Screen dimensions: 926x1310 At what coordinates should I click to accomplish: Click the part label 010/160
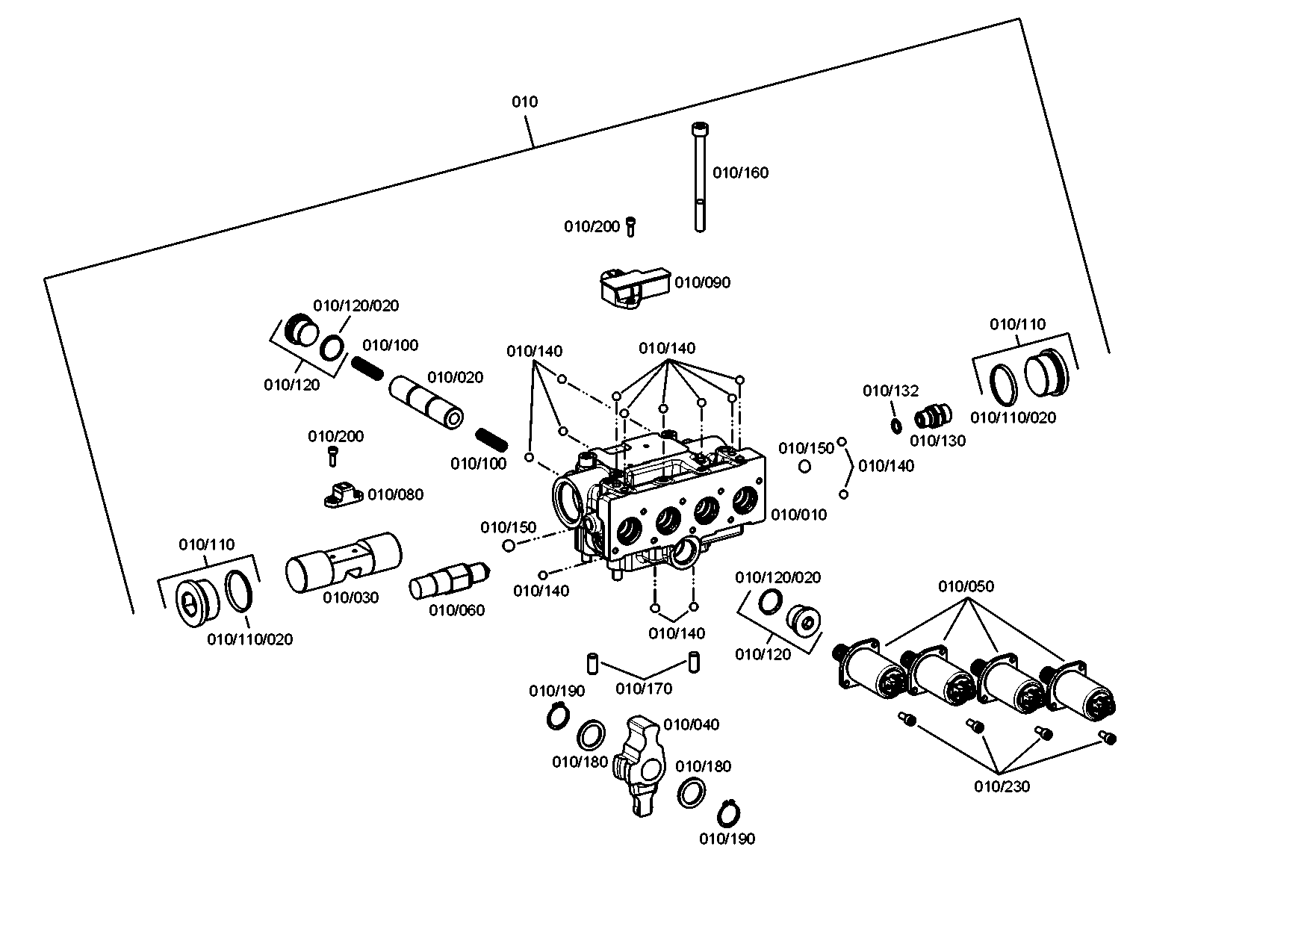[x=740, y=173]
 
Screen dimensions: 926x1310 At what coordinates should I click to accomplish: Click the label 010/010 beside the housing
[x=799, y=515]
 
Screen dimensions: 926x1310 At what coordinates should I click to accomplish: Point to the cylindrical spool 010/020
[x=426, y=403]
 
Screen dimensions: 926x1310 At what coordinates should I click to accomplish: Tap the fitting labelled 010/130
[x=932, y=414]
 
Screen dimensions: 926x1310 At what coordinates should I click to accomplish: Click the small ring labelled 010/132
[x=895, y=426]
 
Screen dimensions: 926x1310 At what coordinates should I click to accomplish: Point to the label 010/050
[x=966, y=587]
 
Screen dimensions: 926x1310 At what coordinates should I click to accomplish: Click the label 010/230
[x=1002, y=787]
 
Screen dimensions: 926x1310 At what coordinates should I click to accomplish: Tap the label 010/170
[x=644, y=689]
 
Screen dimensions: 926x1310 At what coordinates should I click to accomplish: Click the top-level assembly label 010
[x=524, y=102]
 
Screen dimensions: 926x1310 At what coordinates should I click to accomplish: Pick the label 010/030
[x=351, y=597]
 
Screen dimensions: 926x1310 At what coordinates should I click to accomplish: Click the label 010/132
[x=891, y=391]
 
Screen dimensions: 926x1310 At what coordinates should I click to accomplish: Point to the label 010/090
[x=703, y=283]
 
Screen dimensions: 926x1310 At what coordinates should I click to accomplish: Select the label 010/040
[x=692, y=725]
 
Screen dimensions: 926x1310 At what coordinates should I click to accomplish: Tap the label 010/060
[x=457, y=611]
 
